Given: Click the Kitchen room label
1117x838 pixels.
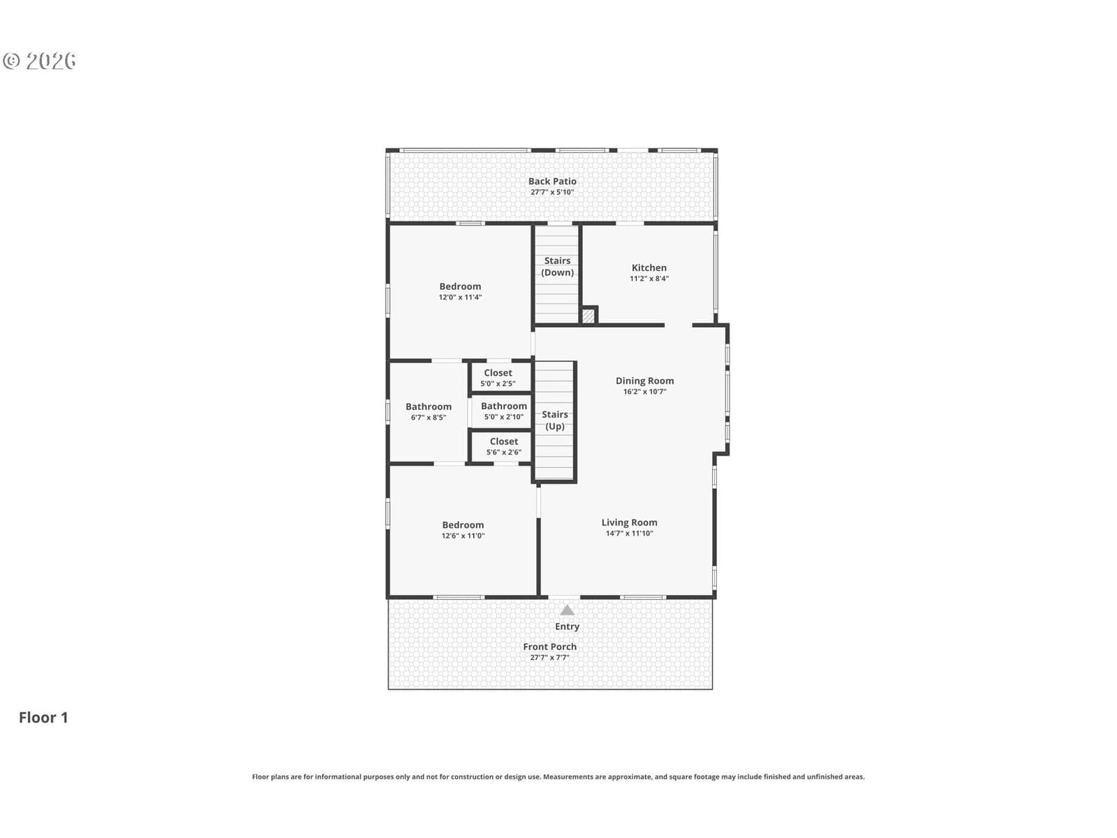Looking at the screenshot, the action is [x=649, y=267].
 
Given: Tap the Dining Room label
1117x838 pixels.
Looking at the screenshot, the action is [x=644, y=381].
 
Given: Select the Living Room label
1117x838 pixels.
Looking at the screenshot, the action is [x=629, y=522].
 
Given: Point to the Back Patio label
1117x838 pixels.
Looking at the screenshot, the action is [x=552, y=181].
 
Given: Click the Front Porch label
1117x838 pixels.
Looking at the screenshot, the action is [x=549, y=647].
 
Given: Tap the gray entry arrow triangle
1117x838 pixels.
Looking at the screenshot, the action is [x=567, y=610].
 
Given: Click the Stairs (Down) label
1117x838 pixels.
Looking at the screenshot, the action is [x=557, y=267].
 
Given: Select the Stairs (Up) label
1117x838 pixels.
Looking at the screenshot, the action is [x=555, y=420].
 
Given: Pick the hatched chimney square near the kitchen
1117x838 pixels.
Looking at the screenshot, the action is [x=588, y=316].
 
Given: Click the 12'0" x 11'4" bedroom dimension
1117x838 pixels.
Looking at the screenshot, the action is [x=460, y=297].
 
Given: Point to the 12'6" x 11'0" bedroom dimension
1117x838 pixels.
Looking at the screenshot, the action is [x=463, y=536].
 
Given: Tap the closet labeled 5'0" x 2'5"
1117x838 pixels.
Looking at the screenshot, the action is [x=498, y=378].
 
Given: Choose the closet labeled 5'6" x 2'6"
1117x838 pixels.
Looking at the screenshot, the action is [x=504, y=446].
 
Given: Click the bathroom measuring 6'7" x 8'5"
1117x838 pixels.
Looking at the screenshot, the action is [x=429, y=411].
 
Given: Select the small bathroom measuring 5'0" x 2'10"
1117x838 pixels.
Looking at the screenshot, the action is [x=504, y=411].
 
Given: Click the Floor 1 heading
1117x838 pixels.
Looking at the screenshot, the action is [x=43, y=717].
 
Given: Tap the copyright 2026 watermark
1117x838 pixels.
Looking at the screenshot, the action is [x=39, y=61].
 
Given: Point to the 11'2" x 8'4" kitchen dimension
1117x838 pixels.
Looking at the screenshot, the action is [x=649, y=279].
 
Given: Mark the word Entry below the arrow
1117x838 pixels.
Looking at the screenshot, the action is [x=567, y=627].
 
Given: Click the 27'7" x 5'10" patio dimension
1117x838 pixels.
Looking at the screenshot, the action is [x=552, y=192].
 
